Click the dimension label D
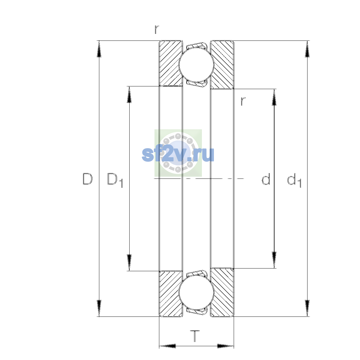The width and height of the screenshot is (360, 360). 88,179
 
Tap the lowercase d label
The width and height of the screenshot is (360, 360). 266,179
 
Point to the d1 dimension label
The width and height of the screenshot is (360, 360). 294,180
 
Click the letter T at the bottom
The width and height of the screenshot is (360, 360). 195,336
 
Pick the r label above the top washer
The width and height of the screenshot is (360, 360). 157,29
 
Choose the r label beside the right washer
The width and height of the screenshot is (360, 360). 243,101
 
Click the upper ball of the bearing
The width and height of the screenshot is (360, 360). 196,64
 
